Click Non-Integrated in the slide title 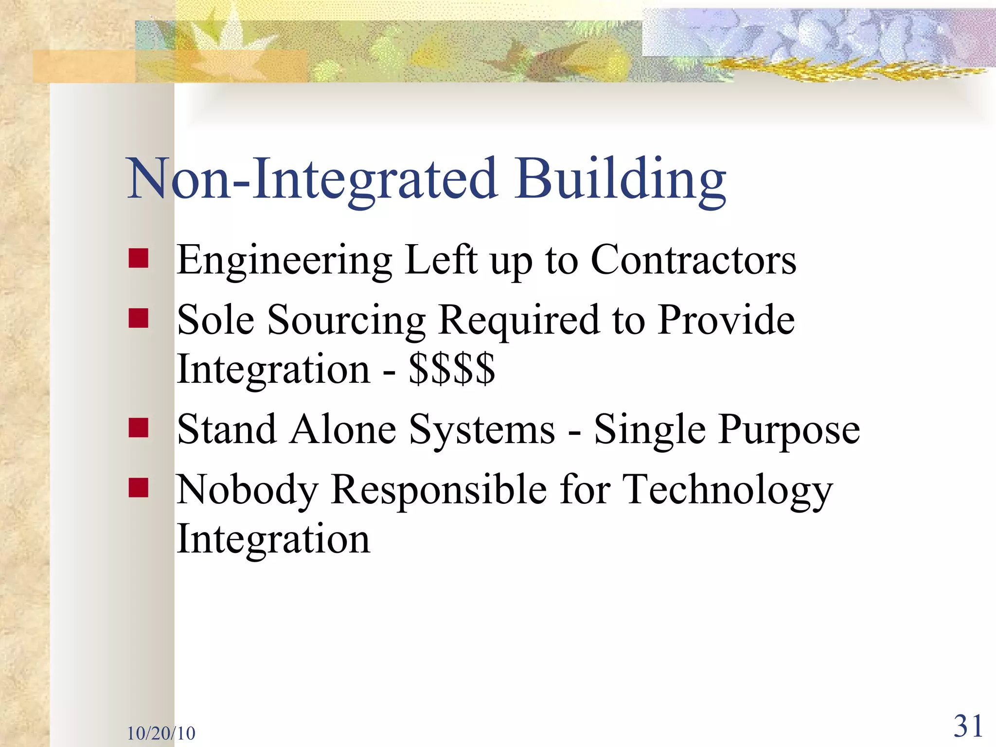pos(311,180)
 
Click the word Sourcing pos(346,321)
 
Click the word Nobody pos(247,490)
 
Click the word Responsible pos(439,490)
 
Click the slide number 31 pos(968,727)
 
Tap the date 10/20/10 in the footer pos(161,733)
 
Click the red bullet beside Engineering pos(139,258)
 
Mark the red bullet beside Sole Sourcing pos(139,318)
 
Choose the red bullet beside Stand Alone pos(139,427)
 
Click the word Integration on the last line pos(273,540)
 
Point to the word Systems pos(481,431)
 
